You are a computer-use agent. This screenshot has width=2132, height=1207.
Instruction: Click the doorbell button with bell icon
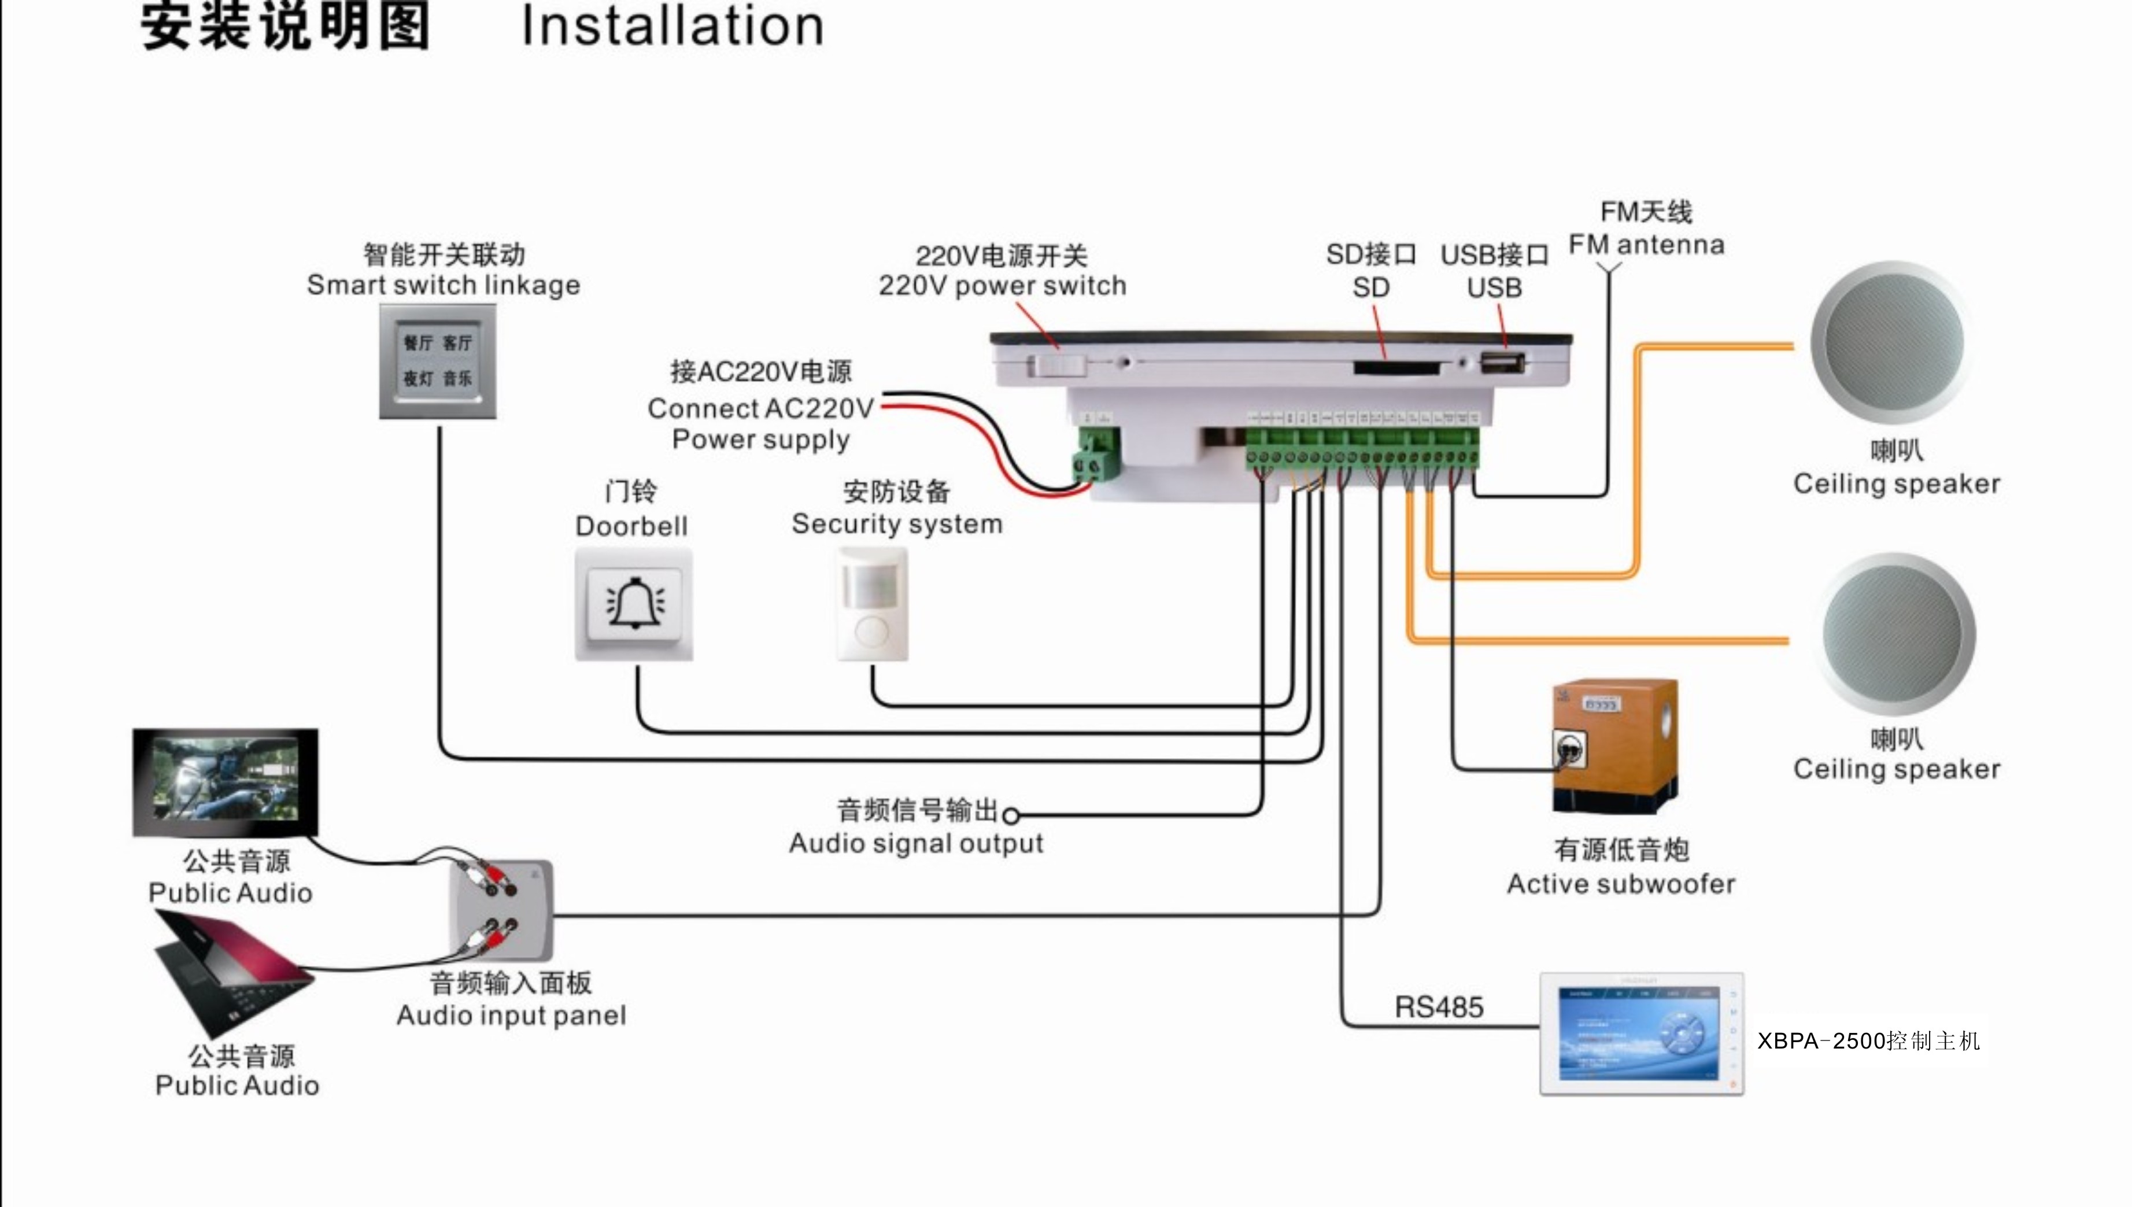634,604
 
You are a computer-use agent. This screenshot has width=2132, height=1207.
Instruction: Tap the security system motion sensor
871,604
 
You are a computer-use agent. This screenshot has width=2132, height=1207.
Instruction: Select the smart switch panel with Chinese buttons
438,361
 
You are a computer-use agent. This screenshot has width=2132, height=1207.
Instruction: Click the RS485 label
1439,1007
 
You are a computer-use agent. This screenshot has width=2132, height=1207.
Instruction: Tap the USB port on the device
1502,362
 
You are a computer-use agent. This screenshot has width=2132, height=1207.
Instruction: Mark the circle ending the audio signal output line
1011,815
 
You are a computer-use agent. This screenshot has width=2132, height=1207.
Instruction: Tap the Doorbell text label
631,526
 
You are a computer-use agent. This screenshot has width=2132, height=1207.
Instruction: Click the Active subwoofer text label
1620,884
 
